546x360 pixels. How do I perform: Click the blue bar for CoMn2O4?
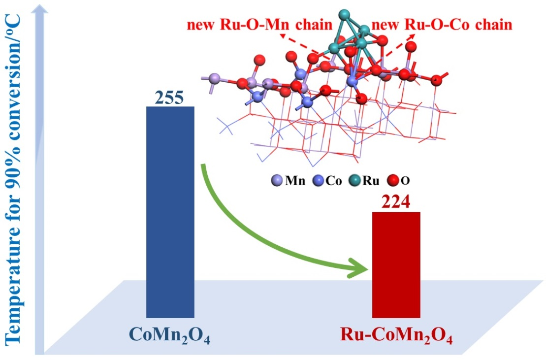point(170,212)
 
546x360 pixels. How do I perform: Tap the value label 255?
point(170,98)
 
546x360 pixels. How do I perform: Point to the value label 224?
point(396,202)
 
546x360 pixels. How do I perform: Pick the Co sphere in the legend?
point(319,181)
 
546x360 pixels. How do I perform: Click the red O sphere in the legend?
point(393,181)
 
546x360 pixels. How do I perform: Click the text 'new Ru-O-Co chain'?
point(442,25)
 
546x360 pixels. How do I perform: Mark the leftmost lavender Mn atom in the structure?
point(214,78)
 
